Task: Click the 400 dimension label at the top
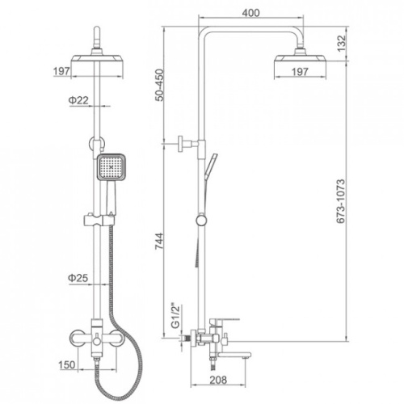pyautogui.click(x=251, y=13)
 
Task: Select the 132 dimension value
pyautogui.click(x=341, y=44)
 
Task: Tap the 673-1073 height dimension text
pyautogui.click(x=341, y=201)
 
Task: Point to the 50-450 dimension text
pyautogui.click(x=160, y=85)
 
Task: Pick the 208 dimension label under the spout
pyautogui.click(x=218, y=380)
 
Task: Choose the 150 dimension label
pyautogui.click(x=67, y=364)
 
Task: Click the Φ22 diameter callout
pyautogui.click(x=78, y=100)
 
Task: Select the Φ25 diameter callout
pyautogui.click(x=78, y=278)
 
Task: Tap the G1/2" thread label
pyautogui.click(x=175, y=317)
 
